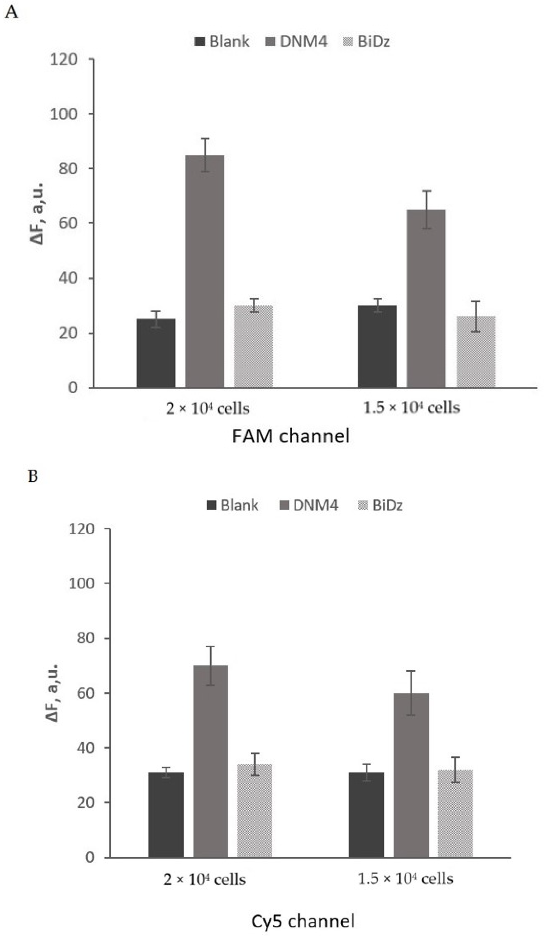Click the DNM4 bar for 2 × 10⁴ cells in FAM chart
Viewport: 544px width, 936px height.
point(205,271)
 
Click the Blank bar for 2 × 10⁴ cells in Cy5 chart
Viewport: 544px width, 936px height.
point(166,815)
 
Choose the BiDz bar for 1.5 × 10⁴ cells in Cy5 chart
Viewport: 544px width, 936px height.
point(455,813)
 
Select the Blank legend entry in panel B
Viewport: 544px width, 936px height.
point(233,505)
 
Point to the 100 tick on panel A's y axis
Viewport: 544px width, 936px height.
point(64,114)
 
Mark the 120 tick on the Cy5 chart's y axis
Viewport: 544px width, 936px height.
point(81,529)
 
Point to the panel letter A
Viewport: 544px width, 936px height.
point(12,13)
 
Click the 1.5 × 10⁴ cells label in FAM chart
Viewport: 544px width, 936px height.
point(411,408)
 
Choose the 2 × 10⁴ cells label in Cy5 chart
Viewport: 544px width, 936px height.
point(204,880)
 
